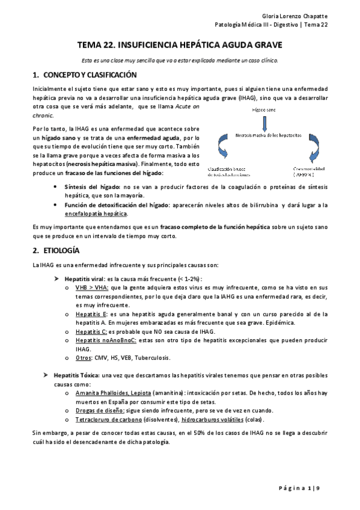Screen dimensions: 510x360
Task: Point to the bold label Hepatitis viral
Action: coord(84,279)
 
